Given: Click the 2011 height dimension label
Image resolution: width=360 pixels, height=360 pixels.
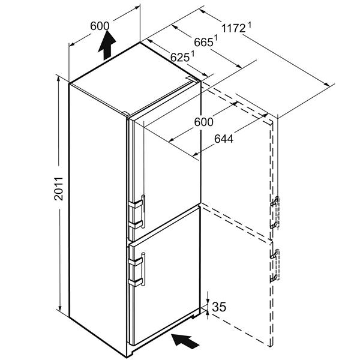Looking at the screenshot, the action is [59, 188].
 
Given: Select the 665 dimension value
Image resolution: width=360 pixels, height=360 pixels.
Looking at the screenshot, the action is [203, 43].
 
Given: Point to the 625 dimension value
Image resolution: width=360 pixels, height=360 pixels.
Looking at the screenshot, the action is [180, 58].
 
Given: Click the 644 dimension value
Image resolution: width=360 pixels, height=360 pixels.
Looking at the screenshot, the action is [224, 139].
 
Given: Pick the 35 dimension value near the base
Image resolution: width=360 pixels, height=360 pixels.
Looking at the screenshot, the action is [219, 307].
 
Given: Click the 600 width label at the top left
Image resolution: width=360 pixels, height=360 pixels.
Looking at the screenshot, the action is [100, 26].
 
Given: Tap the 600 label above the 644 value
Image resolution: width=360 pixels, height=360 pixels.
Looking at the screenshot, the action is [203, 122].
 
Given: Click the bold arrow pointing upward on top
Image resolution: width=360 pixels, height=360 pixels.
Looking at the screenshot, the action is [107, 45].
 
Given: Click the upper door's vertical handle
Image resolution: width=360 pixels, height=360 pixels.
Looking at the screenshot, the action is [143, 211].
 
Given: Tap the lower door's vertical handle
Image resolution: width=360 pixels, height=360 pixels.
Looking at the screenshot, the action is [143, 269].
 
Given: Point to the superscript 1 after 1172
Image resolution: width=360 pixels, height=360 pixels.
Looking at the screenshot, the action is [250, 25].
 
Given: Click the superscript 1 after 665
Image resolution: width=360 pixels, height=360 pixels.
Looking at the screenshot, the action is [216, 38].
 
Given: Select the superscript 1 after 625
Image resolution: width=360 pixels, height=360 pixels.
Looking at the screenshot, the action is [193, 53].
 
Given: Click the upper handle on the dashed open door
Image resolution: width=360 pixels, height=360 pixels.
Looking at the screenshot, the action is [275, 212].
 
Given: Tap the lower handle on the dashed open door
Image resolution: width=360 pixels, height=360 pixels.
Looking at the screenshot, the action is [275, 265].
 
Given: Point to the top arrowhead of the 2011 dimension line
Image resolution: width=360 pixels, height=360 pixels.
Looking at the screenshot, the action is [59, 79].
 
